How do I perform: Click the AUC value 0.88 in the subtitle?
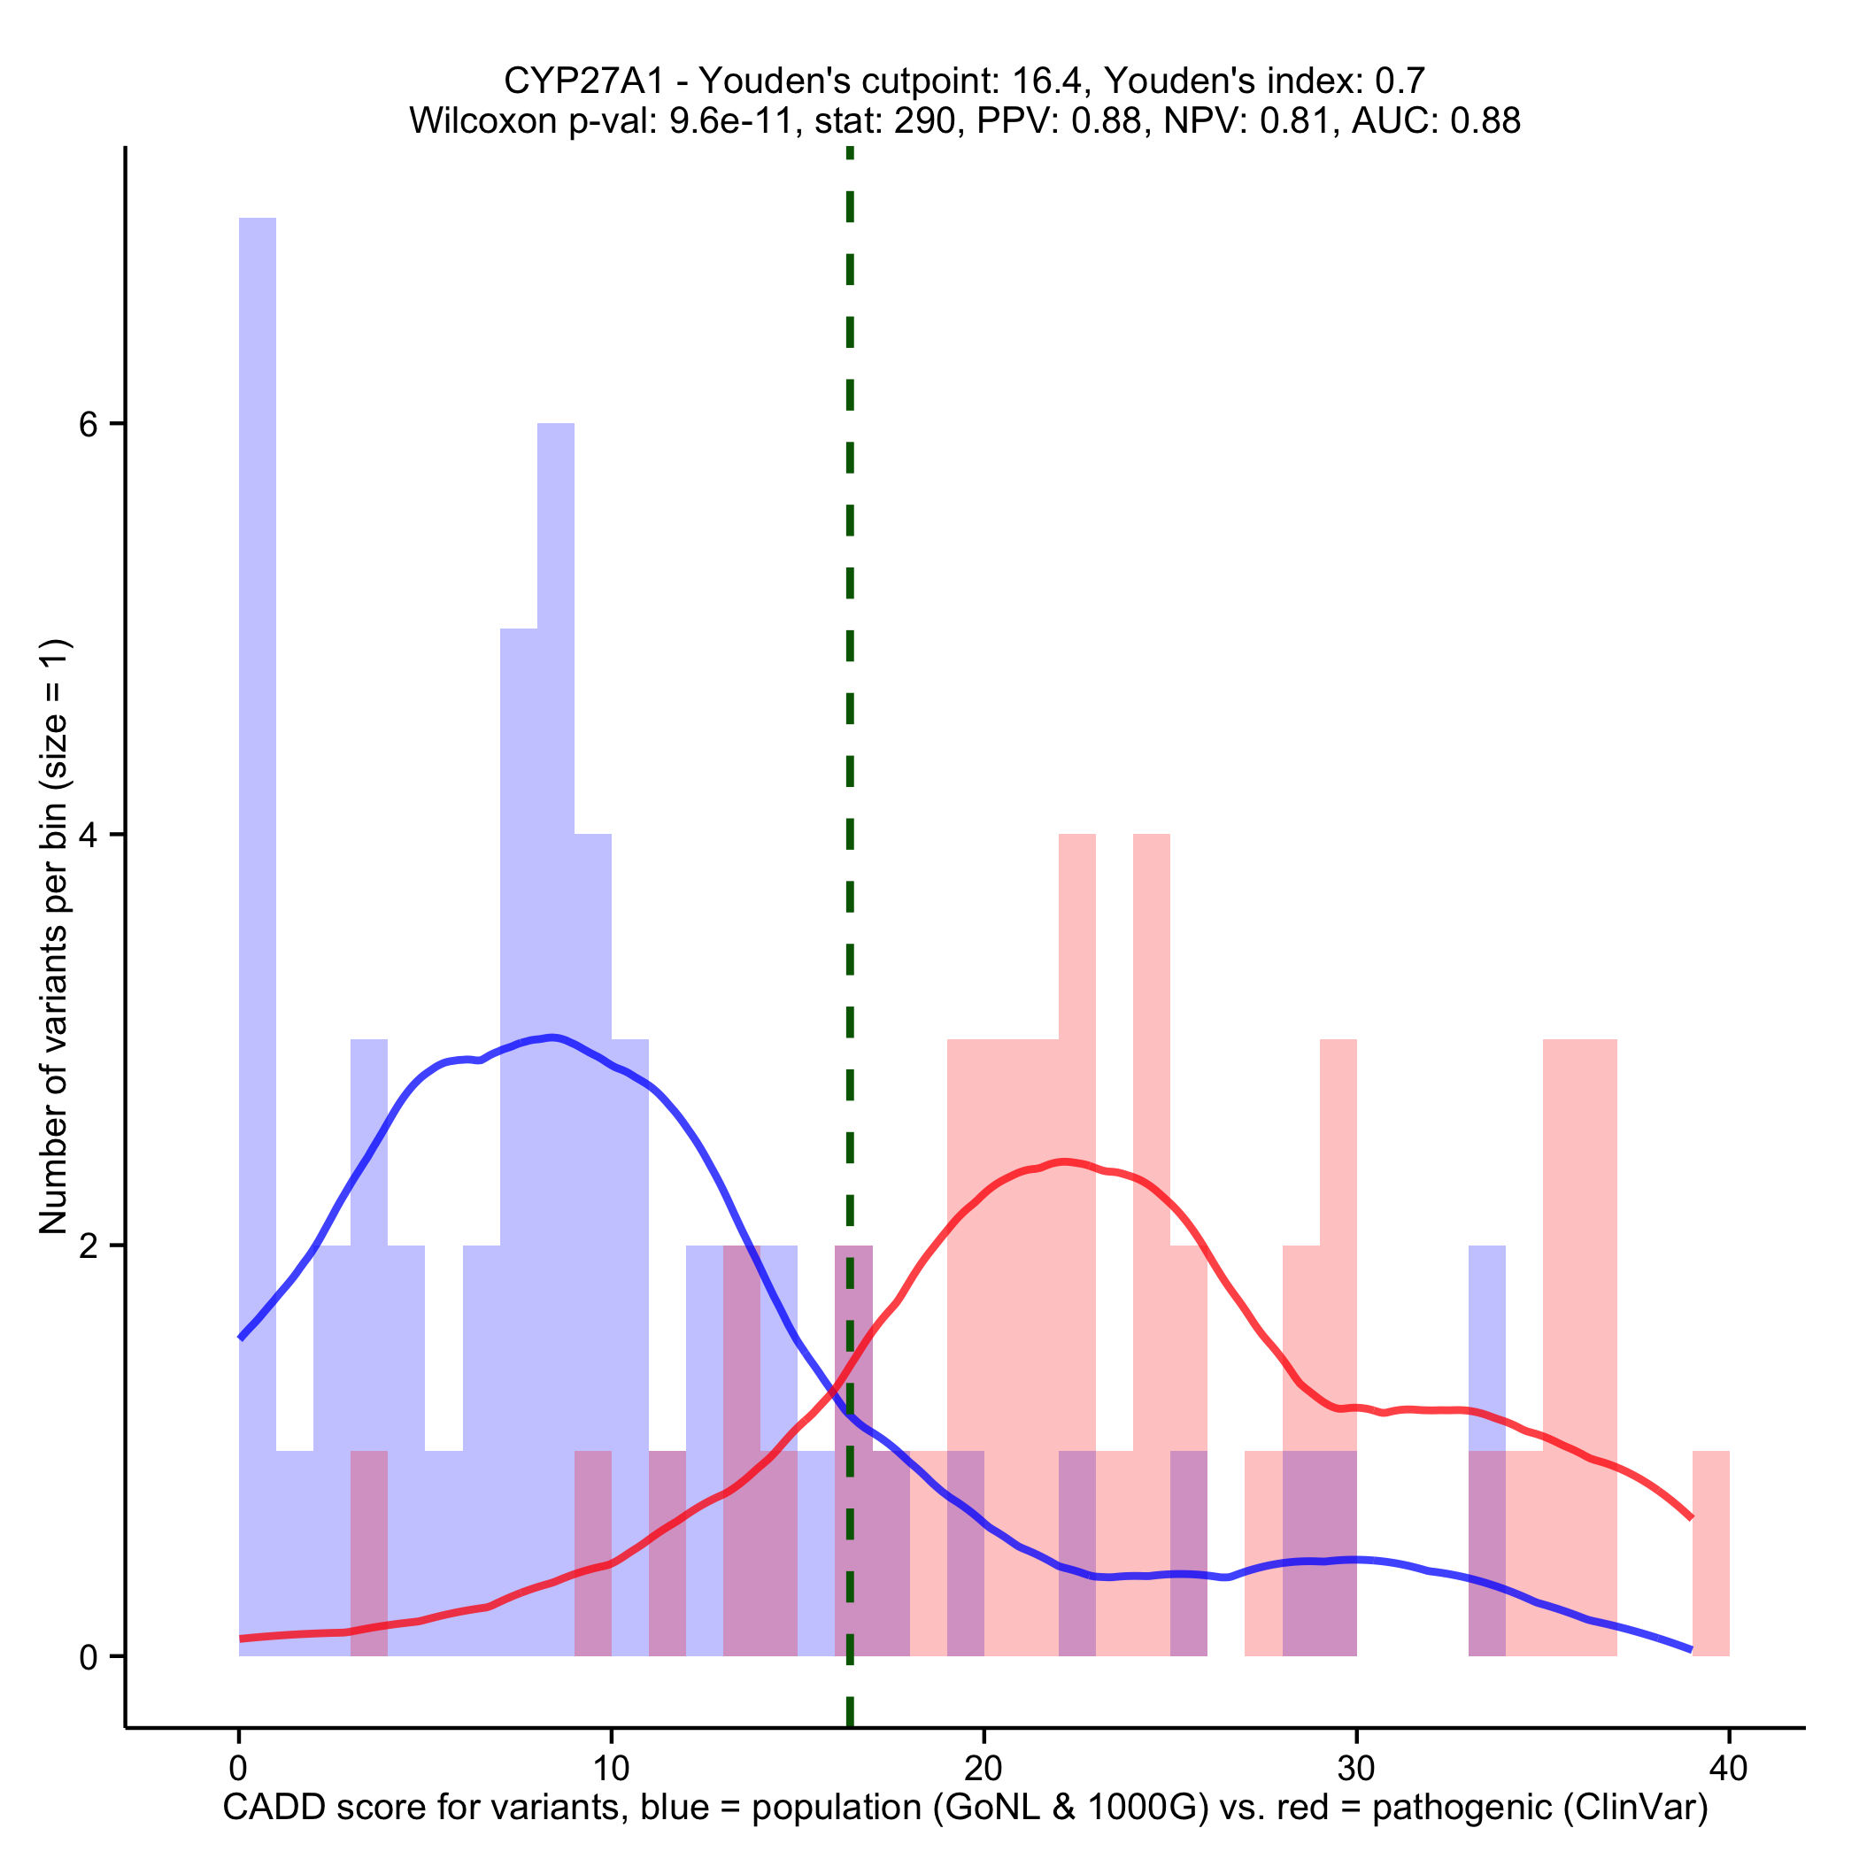1485,121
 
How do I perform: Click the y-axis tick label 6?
89,424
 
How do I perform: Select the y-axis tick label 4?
89,835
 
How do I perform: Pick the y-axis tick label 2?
89,1246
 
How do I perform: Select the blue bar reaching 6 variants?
555,770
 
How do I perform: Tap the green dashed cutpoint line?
850,674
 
